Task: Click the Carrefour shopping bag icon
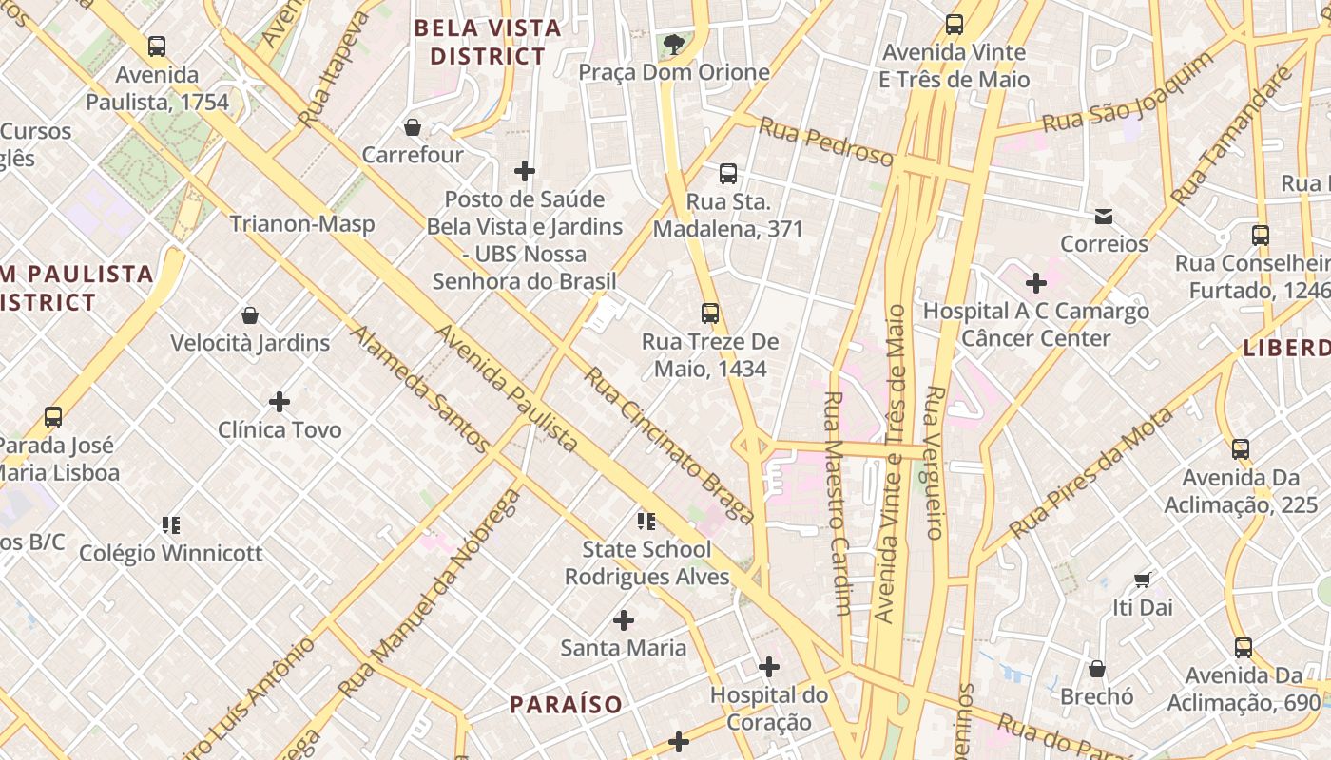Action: (x=413, y=126)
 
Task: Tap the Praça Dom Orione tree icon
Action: (x=673, y=44)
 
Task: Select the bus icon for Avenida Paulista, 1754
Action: (x=157, y=46)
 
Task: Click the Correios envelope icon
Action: (x=1104, y=216)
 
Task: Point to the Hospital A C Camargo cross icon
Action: (x=1036, y=282)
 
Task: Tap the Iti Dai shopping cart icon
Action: (x=1142, y=579)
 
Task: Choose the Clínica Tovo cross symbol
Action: (x=279, y=402)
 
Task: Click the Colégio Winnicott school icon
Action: (x=171, y=524)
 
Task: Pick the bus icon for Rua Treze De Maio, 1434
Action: (x=709, y=313)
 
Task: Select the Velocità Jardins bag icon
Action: (x=249, y=314)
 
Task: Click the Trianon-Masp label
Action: (x=302, y=224)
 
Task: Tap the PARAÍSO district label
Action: (x=566, y=705)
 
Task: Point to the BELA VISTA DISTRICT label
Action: (x=488, y=42)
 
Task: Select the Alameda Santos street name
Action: (x=419, y=389)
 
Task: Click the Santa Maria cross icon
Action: (x=624, y=620)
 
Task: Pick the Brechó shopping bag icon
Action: (x=1097, y=669)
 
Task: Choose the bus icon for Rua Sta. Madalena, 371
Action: (x=728, y=173)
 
